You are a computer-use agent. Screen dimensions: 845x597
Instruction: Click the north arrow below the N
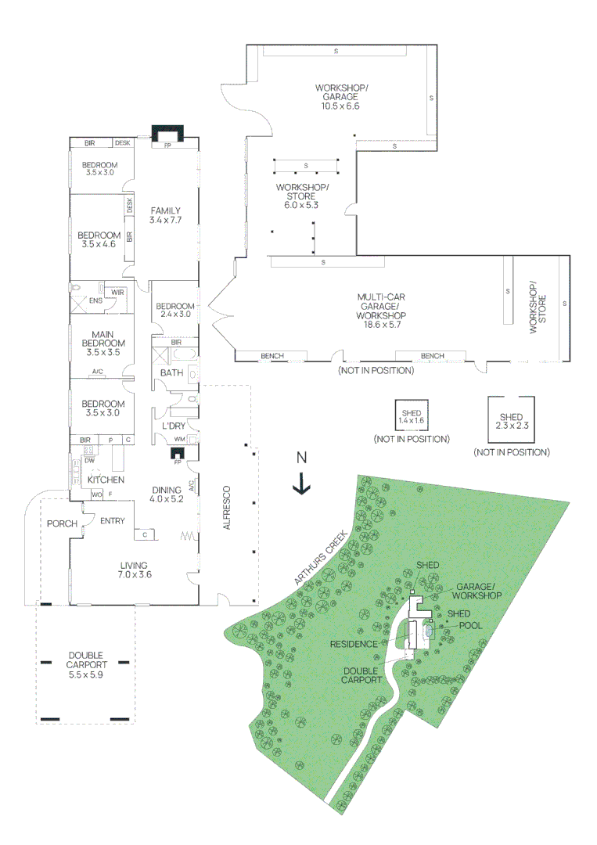tap(300, 485)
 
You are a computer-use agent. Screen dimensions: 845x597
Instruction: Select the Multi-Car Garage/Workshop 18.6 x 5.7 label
tap(379, 311)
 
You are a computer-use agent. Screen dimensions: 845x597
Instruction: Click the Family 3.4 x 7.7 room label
tap(166, 215)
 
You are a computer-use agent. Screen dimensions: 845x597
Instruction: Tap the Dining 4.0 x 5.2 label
tap(170, 494)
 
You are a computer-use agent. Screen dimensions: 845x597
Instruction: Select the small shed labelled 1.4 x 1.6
tap(411, 416)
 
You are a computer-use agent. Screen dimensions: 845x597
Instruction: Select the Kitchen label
tap(106, 479)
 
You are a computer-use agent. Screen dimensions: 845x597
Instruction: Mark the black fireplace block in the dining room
tap(178, 452)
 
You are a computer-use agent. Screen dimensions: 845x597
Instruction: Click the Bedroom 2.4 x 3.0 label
tap(174, 310)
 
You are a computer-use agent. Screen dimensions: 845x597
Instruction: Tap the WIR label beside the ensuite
tap(117, 292)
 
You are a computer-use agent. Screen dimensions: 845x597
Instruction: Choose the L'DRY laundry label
tap(173, 425)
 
